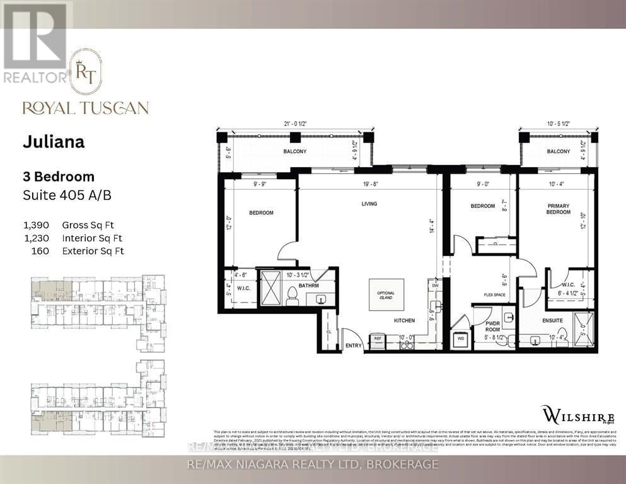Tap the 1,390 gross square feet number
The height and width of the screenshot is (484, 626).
[42, 225]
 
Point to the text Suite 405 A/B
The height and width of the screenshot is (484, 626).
[67, 195]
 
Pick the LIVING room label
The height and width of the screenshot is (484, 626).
[369, 204]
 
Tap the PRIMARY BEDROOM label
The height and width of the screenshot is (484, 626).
[559, 209]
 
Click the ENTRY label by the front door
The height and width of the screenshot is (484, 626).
[354, 346]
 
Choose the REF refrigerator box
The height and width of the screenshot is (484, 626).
[378, 338]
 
